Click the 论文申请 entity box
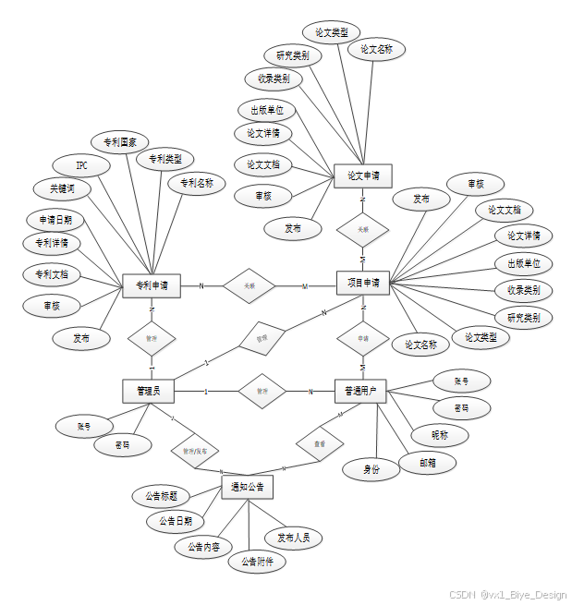pos(363,175)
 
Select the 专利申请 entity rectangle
pos(151,285)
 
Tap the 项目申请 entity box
pos(363,282)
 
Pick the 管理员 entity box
pos(148,391)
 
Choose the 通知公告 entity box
pos(248,487)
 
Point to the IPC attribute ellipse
pos(81,165)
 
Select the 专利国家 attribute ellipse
pos(119,142)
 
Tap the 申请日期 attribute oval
pos(55,220)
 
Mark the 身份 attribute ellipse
pos(371,469)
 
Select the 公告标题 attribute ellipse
pos(162,496)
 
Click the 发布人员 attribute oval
pos(293,538)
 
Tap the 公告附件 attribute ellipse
pos(257,561)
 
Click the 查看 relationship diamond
pos(319,444)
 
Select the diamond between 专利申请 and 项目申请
pos(249,286)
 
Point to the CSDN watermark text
pos(507,595)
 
